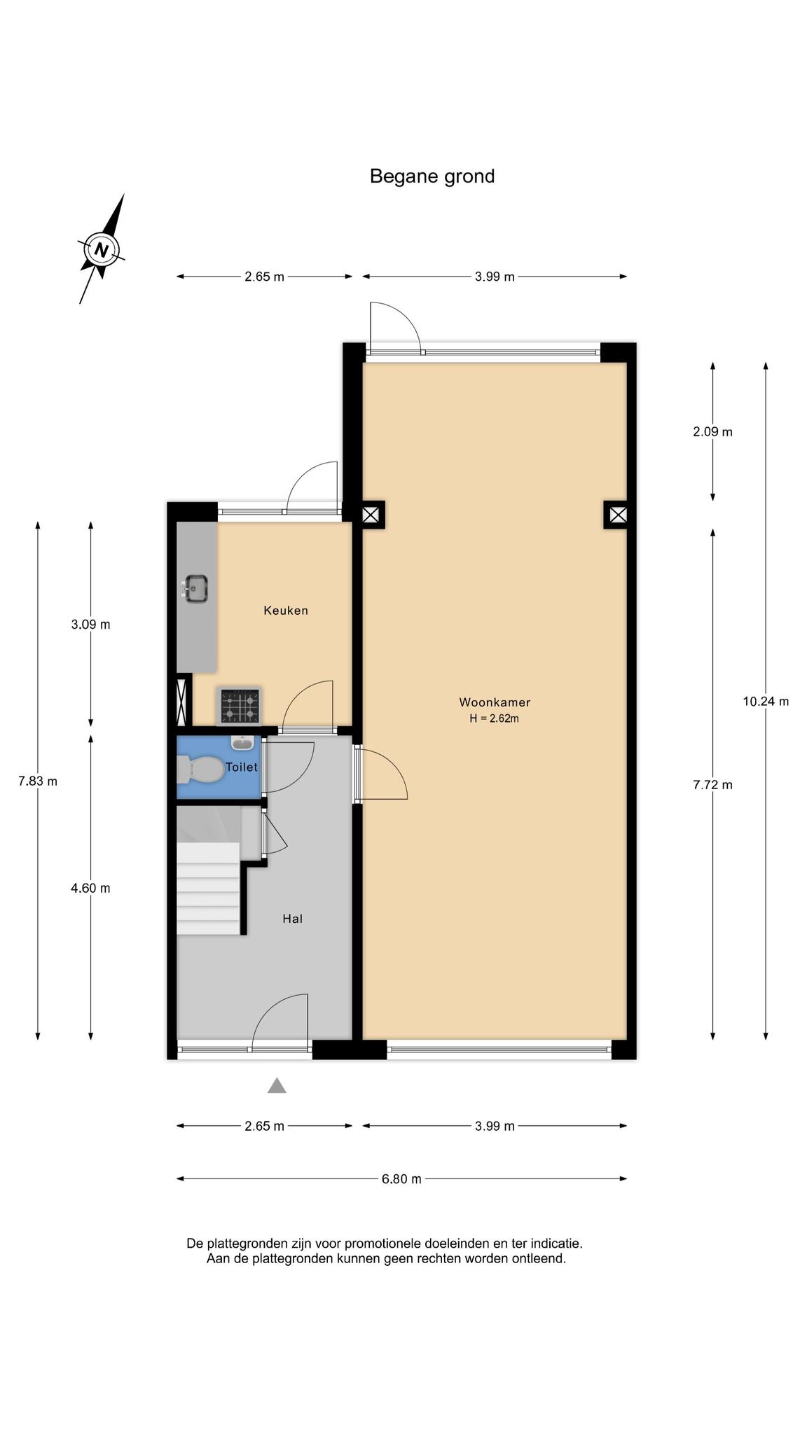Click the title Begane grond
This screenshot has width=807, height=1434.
click(432, 176)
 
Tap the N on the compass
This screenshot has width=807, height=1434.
click(102, 250)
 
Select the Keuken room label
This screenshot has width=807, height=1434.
click(286, 611)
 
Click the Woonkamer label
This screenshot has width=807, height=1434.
click(495, 702)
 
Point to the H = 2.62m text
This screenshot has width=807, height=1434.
click(495, 718)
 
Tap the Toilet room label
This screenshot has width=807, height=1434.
click(242, 767)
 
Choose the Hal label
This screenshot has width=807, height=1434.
click(293, 919)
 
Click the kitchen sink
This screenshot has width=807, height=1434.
click(195, 588)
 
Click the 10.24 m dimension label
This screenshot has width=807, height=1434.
click(766, 701)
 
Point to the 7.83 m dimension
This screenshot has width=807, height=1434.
click(38, 781)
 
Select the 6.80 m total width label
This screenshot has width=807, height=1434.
click(401, 1178)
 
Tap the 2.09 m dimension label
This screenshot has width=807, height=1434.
click(712, 432)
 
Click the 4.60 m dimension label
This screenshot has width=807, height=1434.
click(90, 888)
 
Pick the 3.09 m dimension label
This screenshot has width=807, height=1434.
click(90, 625)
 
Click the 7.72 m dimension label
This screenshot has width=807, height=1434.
click(712, 785)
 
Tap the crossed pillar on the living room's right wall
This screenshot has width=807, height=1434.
click(617, 515)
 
